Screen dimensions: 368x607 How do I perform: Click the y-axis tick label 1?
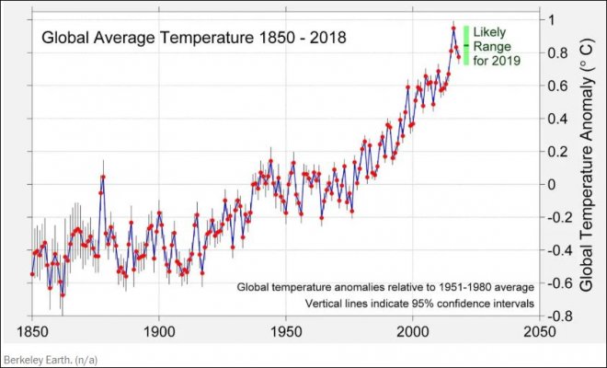[x=550, y=20]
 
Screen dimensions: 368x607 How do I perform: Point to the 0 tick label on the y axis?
[x=550, y=184]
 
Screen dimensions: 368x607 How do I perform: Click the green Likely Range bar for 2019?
[x=466, y=45]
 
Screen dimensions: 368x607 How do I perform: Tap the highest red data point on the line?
[x=453, y=28]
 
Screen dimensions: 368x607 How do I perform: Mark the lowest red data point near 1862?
[x=63, y=294]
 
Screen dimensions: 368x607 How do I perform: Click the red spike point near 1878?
[x=103, y=176]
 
